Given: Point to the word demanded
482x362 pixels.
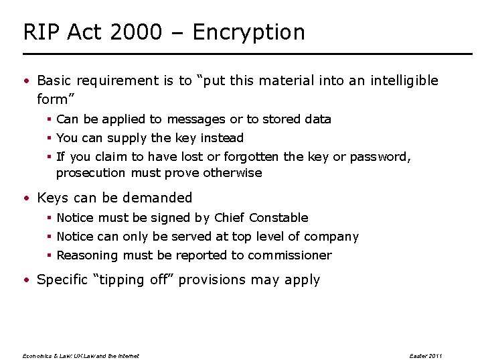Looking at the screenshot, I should coord(159,198).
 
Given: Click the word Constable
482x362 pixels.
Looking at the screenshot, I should coord(278,218).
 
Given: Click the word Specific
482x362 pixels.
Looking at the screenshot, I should coord(62,280).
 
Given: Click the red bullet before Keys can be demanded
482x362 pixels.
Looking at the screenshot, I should coord(25,198).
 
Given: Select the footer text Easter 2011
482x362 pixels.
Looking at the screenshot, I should coord(426,356).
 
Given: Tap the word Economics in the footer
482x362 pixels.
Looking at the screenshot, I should coord(37,356).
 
